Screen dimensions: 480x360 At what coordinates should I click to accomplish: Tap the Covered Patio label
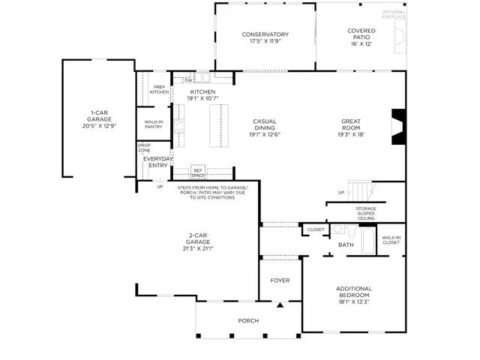(x=361, y=34)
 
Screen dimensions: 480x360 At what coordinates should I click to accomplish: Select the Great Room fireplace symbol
(x=399, y=127)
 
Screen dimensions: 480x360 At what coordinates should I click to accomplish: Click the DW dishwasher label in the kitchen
(x=188, y=80)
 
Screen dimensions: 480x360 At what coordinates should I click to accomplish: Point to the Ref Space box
(x=198, y=172)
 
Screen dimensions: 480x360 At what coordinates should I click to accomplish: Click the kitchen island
(x=219, y=126)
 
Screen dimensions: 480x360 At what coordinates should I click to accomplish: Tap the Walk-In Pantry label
(x=153, y=124)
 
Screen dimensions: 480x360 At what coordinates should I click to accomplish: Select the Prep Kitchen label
(x=159, y=89)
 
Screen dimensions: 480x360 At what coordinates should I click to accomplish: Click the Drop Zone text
(x=144, y=148)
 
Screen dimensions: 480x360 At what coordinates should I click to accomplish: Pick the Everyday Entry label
(x=158, y=162)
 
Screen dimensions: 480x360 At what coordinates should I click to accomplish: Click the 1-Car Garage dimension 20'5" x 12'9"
(x=100, y=125)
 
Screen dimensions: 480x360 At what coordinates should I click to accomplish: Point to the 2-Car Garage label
(x=198, y=238)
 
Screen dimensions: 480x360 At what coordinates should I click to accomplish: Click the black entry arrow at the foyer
(x=280, y=304)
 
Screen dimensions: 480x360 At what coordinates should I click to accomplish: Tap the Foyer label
(x=280, y=280)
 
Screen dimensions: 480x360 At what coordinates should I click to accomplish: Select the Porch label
(x=248, y=320)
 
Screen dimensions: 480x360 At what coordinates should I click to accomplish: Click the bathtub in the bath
(x=368, y=241)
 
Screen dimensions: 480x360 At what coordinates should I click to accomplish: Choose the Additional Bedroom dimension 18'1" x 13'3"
(x=354, y=301)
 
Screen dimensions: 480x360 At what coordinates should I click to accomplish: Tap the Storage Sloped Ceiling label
(x=366, y=213)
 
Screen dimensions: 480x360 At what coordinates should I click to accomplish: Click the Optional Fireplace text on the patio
(x=394, y=14)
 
